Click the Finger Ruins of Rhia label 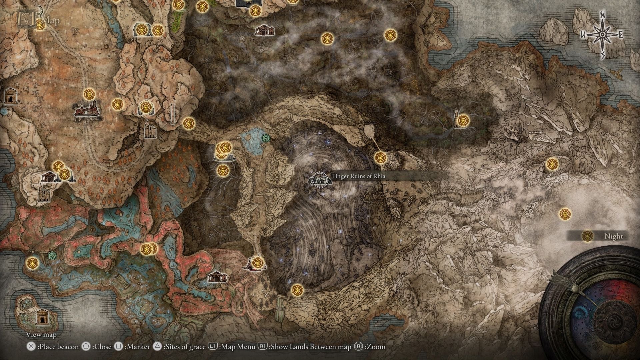[x=358, y=176]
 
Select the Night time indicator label [x=613, y=236]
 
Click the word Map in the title [x=51, y=21]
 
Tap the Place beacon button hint [x=53, y=347]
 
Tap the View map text [x=41, y=334]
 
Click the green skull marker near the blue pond [x=266, y=137]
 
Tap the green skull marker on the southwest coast [x=52, y=256]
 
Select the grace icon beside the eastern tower [x=463, y=120]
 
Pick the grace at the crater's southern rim [x=297, y=290]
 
